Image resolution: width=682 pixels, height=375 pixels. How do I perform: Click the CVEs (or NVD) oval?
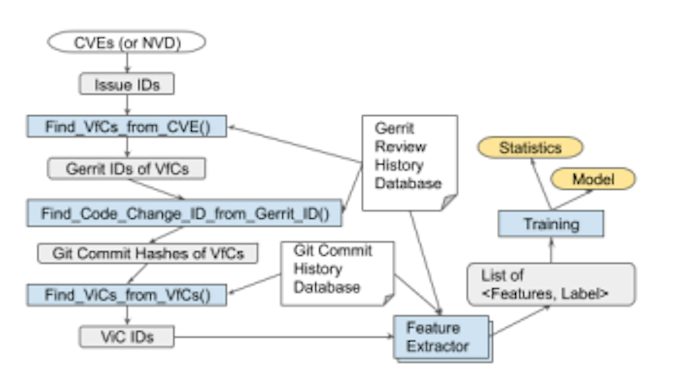pos(127,42)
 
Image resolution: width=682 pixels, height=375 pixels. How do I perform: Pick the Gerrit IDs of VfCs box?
pos(127,169)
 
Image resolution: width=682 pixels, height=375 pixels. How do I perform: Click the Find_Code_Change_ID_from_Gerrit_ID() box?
pos(184,213)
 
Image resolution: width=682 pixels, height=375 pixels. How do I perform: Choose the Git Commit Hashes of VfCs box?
pos(148,253)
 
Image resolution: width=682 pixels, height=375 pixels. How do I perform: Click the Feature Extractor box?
pos(441,337)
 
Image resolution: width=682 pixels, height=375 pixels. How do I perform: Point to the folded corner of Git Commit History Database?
pos(388,299)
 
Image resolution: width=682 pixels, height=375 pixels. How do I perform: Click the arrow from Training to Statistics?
pos(541,184)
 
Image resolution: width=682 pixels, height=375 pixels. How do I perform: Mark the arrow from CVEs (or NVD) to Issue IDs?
pos(127,63)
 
